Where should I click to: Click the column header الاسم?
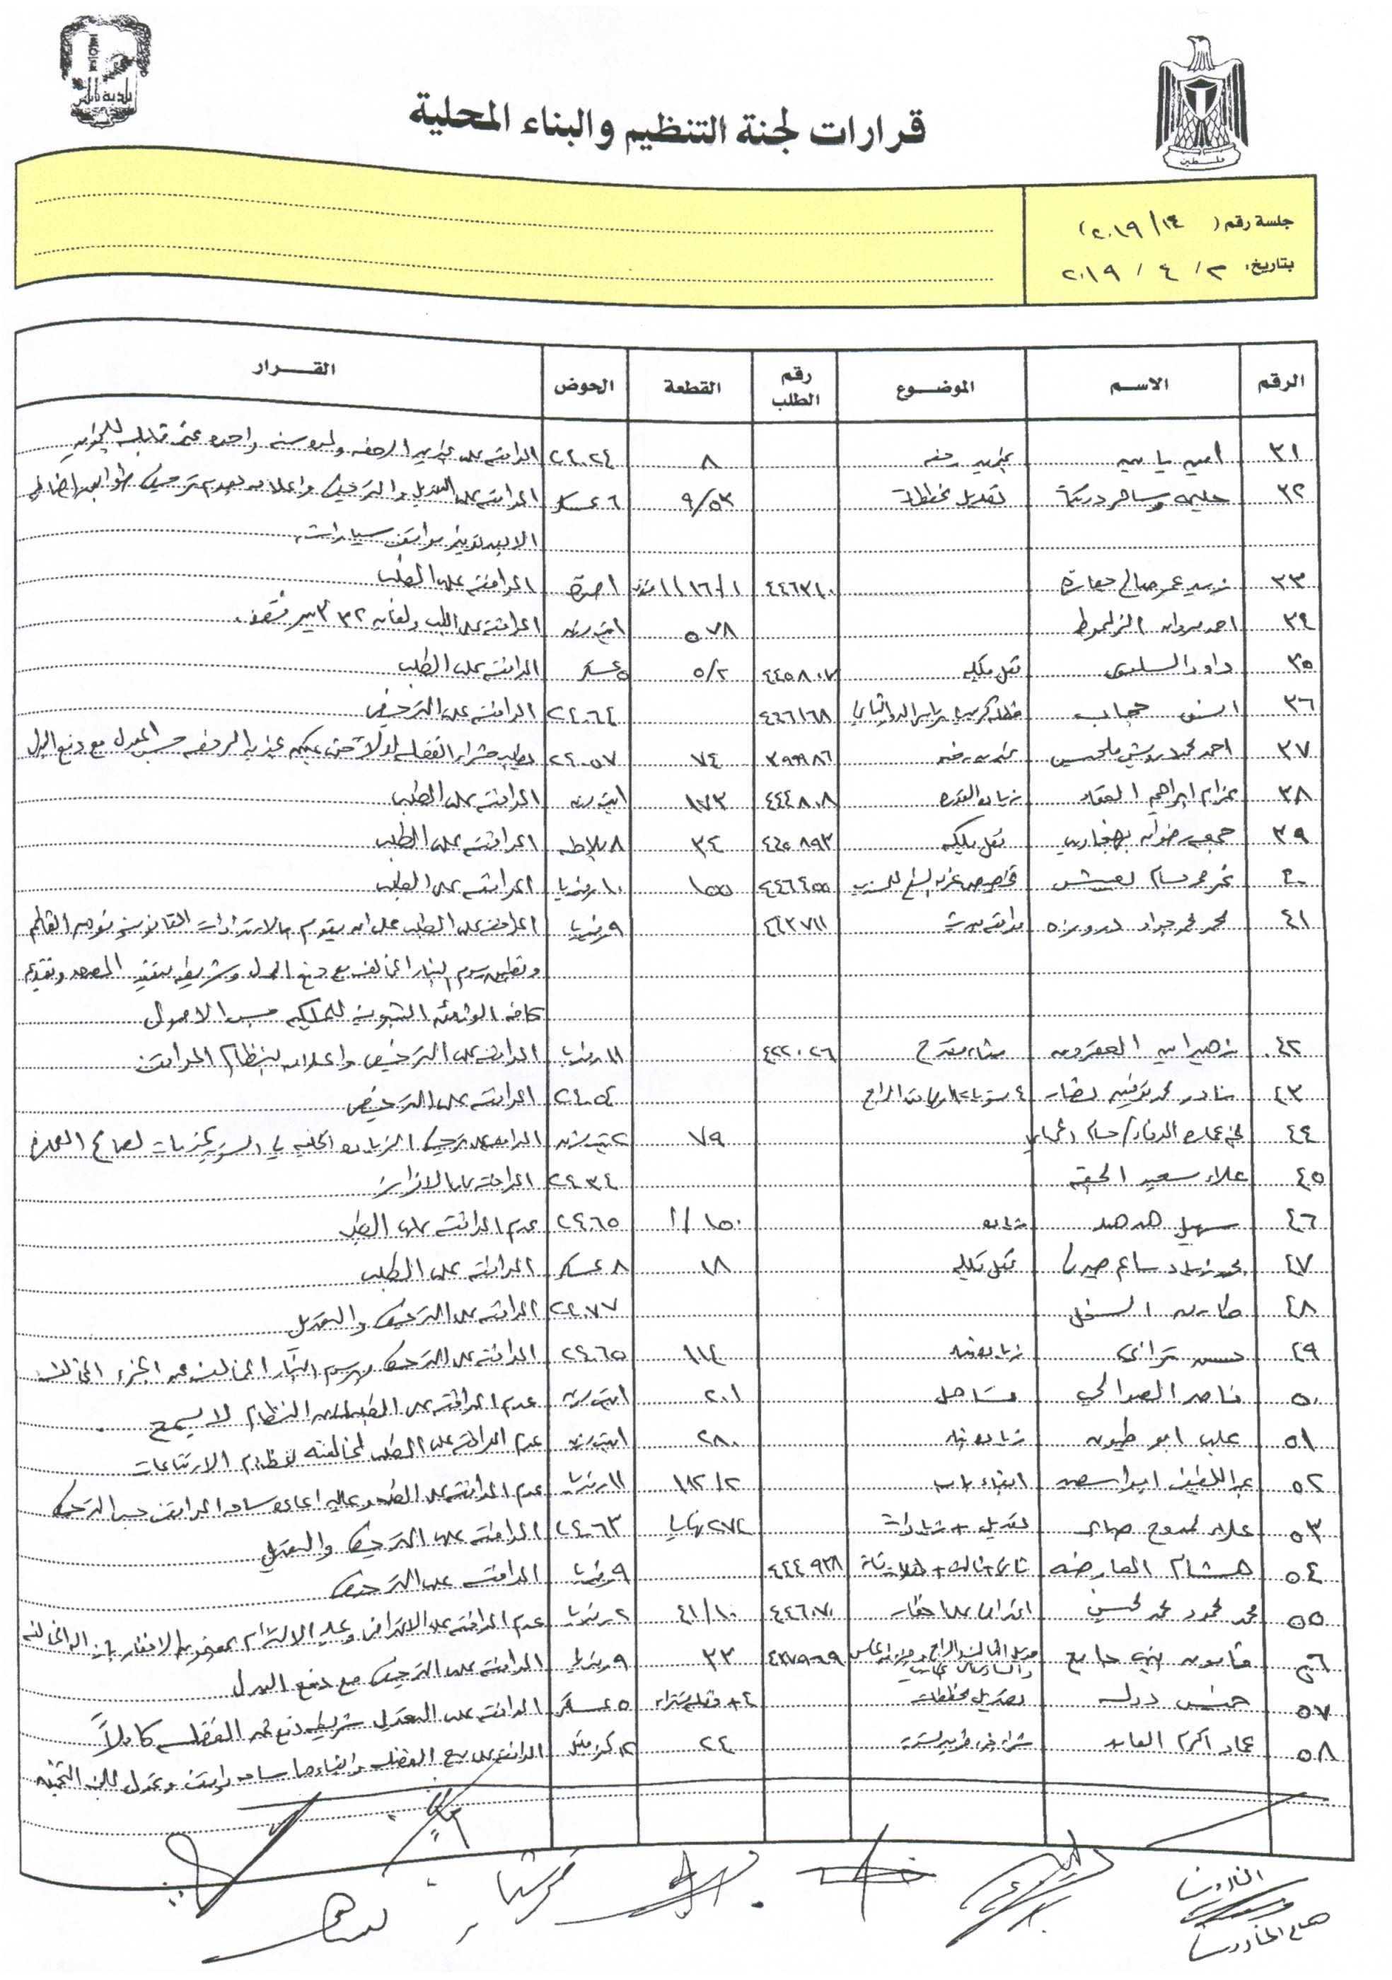1136,386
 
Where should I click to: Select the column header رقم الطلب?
795,387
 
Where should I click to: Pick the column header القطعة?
691,387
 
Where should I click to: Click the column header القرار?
294,369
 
